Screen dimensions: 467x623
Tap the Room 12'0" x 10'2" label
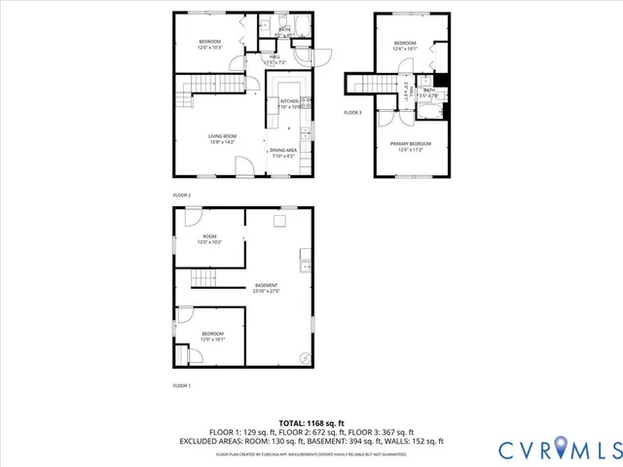pos(210,238)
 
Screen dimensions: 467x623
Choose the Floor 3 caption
pos(352,113)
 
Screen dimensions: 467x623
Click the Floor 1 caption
pos(182,386)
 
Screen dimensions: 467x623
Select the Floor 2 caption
pos(182,196)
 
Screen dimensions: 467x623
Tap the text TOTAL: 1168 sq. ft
pos(311,422)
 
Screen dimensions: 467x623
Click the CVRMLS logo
pos(559,449)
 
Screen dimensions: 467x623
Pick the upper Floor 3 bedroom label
pos(405,46)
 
